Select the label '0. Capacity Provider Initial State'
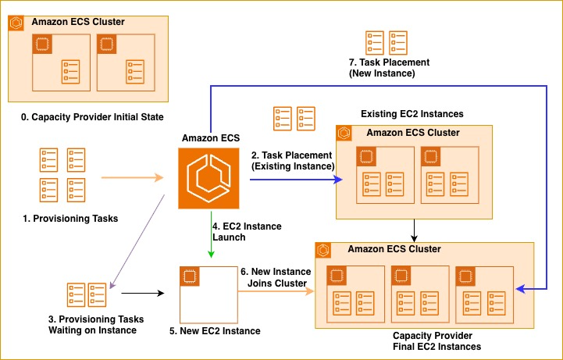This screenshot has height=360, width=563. [x=92, y=117]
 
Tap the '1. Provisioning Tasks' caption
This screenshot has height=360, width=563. [x=70, y=219]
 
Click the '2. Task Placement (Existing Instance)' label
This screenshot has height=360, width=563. [x=292, y=161]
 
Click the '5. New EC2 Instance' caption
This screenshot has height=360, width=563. [x=215, y=331]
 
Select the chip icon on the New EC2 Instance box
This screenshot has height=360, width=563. [x=187, y=274]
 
